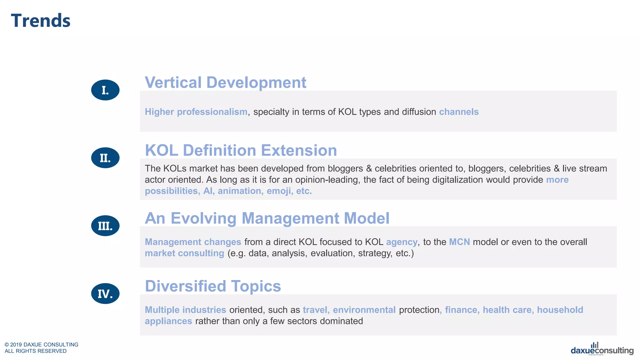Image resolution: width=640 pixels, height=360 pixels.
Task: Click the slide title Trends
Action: tap(41, 21)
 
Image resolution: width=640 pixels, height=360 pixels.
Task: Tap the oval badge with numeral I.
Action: tap(105, 90)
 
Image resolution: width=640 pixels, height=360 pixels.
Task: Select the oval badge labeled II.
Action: tap(105, 158)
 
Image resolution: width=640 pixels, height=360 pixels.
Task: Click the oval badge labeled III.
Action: tap(105, 226)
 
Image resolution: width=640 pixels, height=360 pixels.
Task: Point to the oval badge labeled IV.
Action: tap(105, 294)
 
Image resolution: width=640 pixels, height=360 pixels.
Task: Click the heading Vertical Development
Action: tap(225, 82)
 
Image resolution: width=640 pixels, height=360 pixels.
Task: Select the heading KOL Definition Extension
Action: tap(241, 150)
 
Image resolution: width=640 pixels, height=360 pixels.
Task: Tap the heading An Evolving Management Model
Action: tap(267, 218)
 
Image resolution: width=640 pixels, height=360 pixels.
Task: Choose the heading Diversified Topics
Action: tap(213, 286)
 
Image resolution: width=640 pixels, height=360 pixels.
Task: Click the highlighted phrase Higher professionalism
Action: tap(196, 112)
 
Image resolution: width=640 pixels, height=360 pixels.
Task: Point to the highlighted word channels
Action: tap(458, 112)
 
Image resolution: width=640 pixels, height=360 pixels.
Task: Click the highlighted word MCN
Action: tap(459, 242)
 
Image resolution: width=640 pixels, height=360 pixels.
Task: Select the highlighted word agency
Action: tap(402, 242)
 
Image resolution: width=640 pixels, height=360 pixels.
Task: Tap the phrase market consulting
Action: tap(184, 253)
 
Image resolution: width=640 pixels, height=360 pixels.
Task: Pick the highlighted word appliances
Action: tap(168, 321)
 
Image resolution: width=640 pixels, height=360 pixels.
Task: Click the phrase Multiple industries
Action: tap(185, 310)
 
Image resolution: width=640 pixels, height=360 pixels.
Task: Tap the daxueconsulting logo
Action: tap(602, 350)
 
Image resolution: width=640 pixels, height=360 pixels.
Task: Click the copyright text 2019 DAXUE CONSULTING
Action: tap(44, 344)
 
